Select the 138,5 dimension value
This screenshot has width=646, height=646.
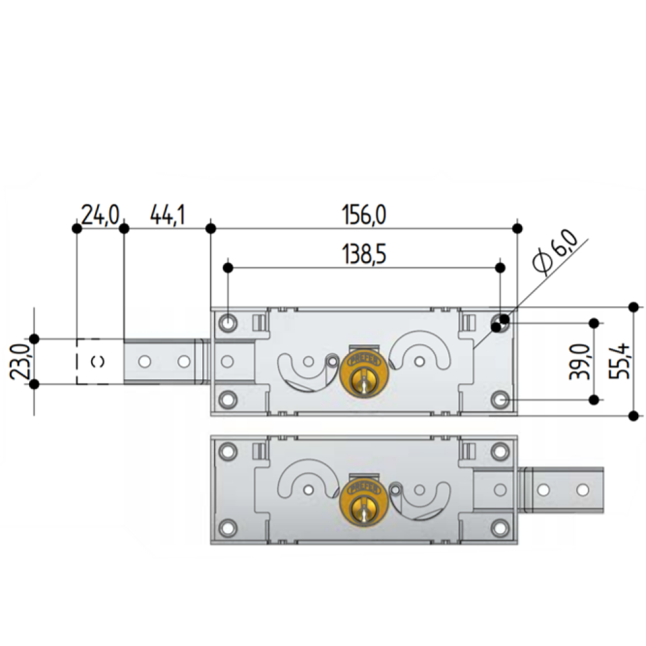(x=364, y=255)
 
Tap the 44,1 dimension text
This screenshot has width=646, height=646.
(x=167, y=215)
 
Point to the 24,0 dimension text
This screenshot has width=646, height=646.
(x=99, y=215)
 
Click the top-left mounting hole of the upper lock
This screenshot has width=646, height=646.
(x=226, y=322)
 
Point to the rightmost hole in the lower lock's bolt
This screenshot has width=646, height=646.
(x=583, y=490)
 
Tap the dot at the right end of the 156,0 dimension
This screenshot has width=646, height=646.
(x=517, y=228)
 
